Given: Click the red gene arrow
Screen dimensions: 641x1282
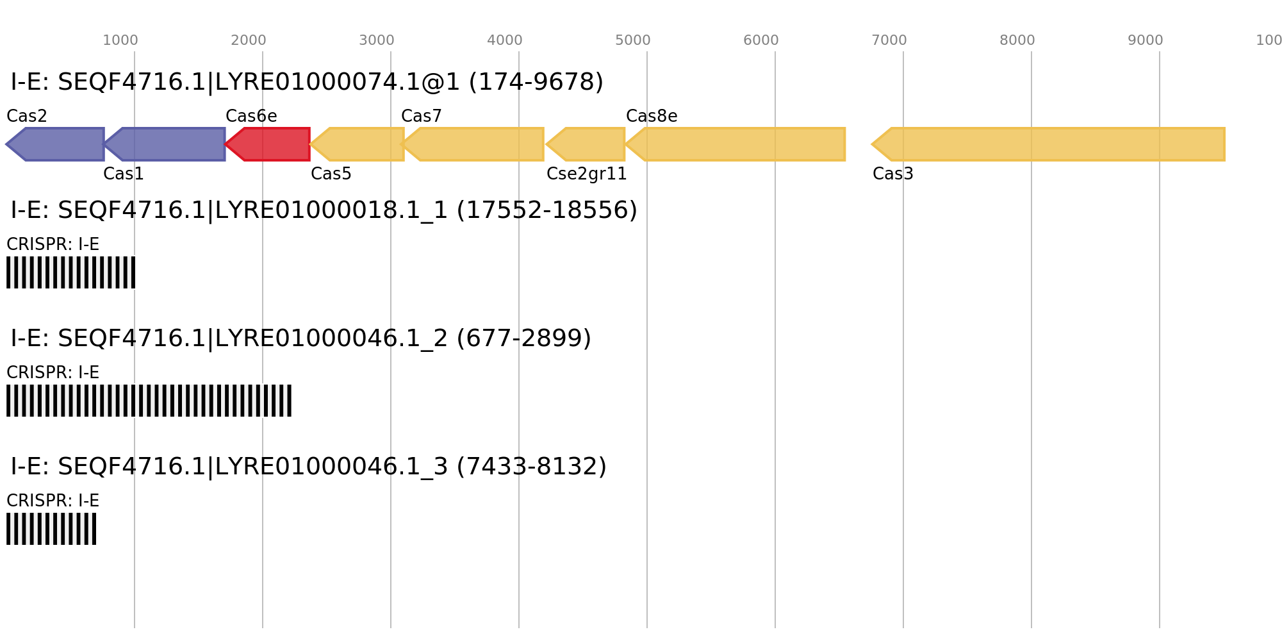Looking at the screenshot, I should (269, 144).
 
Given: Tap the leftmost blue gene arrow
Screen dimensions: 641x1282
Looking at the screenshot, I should (58, 144).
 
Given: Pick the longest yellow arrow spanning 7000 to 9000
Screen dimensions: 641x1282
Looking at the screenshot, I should (1051, 144).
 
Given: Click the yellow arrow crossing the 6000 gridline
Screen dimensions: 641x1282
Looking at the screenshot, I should (737, 144).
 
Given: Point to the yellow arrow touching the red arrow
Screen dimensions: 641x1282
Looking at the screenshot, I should (359, 144).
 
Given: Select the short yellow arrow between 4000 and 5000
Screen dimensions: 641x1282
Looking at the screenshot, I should (586, 144).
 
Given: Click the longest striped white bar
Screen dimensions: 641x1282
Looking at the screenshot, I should (149, 401).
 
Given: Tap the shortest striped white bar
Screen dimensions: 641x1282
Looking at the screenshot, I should (51, 529).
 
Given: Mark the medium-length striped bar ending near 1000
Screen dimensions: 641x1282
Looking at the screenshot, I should (70, 272).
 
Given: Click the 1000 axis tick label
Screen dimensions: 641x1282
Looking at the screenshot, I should (120, 40).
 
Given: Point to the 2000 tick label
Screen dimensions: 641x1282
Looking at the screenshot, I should (249, 40).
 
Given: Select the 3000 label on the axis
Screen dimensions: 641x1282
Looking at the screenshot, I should (377, 40).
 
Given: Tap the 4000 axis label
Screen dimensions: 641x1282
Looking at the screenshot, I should (505, 40).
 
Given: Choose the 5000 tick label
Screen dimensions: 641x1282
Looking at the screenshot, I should (633, 40).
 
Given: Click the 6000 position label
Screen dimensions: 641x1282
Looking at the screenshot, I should (761, 40).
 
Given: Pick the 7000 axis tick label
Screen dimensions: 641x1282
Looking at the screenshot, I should (889, 40).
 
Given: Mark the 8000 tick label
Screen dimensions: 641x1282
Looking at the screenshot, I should (1017, 40).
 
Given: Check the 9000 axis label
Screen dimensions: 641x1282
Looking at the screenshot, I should (1146, 40).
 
